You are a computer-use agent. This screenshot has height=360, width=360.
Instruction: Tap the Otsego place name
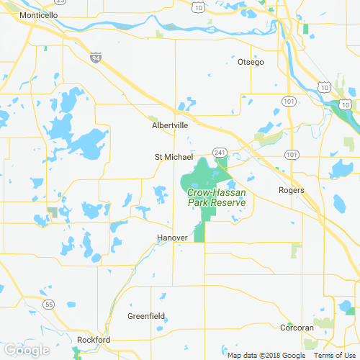[251, 63]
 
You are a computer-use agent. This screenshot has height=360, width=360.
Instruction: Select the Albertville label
[170, 125]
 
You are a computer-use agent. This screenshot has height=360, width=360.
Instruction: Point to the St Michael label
[174, 157]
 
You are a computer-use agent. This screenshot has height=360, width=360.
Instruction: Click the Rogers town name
[292, 191]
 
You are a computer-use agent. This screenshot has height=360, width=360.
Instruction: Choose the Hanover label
[172, 238]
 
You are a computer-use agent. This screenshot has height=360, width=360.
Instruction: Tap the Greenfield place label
[146, 316]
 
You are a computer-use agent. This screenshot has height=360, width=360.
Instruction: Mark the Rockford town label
[94, 340]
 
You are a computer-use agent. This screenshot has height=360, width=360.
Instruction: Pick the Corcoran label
[297, 328]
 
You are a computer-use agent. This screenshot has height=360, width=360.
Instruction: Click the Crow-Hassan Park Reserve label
[217, 197]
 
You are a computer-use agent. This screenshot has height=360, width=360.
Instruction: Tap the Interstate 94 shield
[96, 57]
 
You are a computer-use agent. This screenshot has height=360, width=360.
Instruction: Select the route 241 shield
[220, 152]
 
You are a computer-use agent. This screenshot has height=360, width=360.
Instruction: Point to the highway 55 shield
[48, 305]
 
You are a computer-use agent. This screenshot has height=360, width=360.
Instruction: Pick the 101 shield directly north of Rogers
[292, 155]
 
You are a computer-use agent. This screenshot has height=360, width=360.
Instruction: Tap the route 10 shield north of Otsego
[198, 8]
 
